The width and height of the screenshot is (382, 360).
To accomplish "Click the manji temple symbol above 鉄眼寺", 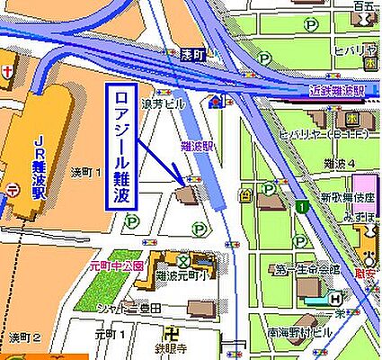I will [x=194, y=329].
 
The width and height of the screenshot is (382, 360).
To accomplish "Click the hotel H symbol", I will [x=334, y=299].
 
